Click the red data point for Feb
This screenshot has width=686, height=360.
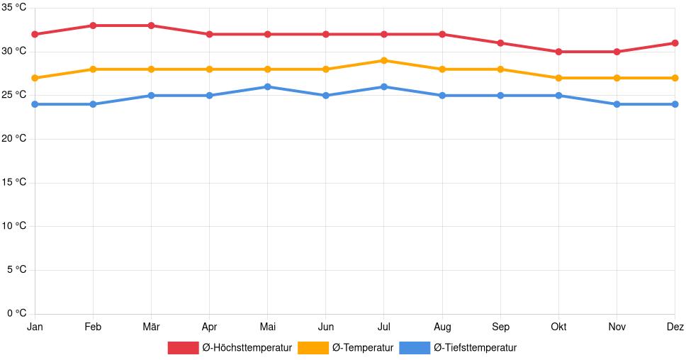coord(93,26)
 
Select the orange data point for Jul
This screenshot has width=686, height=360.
coord(384,60)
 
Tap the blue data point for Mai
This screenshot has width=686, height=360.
coord(267,86)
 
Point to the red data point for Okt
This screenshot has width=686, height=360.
coord(558,52)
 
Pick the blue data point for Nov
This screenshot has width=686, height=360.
coord(617,104)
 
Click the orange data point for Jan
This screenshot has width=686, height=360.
coord(35,78)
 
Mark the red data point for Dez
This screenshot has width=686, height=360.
coord(675,43)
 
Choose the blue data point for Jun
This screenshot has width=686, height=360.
coord(326,96)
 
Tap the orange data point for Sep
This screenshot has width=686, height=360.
coord(500,69)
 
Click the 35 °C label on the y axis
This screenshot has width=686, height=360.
coord(13,8)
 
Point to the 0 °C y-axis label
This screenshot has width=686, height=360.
coord(16,313)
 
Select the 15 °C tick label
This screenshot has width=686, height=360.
coord(13,182)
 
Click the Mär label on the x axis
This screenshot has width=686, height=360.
coord(151,327)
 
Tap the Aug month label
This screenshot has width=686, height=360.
coord(442,327)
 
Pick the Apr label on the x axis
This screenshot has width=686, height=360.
coord(209,327)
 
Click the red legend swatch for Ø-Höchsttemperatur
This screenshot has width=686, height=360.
coord(183,348)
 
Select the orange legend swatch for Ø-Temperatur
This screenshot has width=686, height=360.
coord(313,348)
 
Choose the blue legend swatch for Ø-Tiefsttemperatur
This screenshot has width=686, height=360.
coord(415,348)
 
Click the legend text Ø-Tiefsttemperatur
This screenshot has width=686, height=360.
coord(475,348)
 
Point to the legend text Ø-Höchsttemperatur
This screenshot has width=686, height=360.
coord(247,348)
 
